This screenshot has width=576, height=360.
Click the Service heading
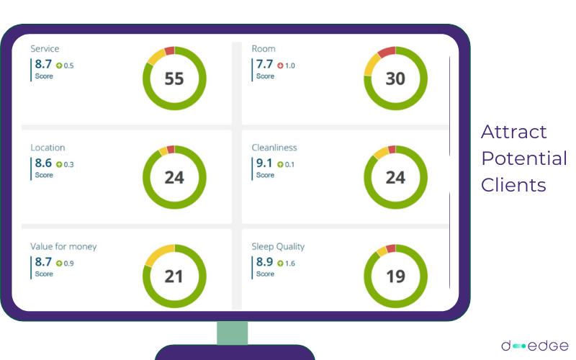(x=45, y=49)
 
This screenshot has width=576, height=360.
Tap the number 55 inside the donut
(x=174, y=78)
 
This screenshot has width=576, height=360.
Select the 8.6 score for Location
(x=43, y=163)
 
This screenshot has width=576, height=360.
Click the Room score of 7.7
(x=264, y=64)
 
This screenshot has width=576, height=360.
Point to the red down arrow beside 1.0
(x=280, y=66)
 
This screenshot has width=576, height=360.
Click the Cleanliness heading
(x=274, y=148)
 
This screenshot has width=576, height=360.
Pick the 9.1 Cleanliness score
(x=264, y=163)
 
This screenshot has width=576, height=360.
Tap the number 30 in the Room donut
(x=395, y=78)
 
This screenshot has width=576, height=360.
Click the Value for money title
(x=63, y=246)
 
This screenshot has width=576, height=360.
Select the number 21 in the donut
(x=174, y=276)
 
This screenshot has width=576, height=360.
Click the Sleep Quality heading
(x=278, y=246)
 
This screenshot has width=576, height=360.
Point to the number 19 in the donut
(x=395, y=276)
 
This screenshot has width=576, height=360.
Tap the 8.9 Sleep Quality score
(x=264, y=261)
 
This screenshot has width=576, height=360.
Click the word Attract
(x=514, y=132)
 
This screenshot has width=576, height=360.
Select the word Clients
(x=513, y=185)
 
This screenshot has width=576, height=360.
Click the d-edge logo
(x=534, y=346)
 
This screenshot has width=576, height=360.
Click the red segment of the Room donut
(x=387, y=52)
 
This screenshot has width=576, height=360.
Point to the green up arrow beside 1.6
(x=280, y=263)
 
